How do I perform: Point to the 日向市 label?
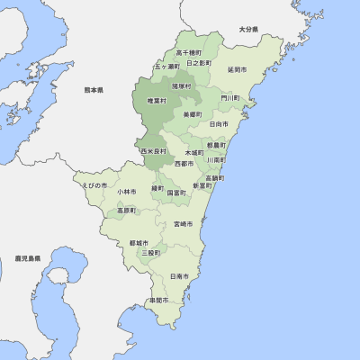tap(219, 123)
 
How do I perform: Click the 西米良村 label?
tap(154, 151)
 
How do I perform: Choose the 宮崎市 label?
tap(184, 223)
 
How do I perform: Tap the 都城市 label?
tap(139, 243)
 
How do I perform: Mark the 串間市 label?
tap(159, 300)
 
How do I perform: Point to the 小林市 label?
tap(126, 192)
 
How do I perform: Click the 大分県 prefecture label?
tap(248, 30)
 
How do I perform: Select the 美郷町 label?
tap(192, 114)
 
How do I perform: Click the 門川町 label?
tap(230, 97)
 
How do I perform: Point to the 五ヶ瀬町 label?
tap(166, 66)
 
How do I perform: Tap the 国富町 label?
tap(176, 192)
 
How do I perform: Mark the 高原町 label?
tap(126, 211)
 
